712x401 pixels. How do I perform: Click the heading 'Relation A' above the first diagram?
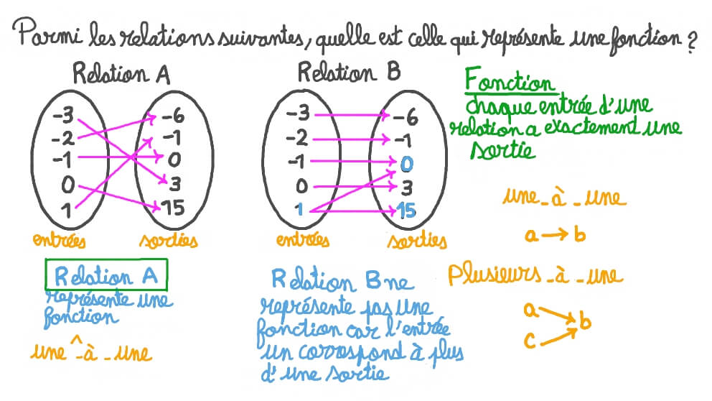(x=121, y=75)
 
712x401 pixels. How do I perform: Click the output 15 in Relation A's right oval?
(x=172, y=209)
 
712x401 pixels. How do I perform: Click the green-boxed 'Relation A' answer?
(x=106, y=276)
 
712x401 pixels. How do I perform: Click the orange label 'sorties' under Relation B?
(x=416, y=242)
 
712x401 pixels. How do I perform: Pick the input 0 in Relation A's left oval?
(x=67, y=185)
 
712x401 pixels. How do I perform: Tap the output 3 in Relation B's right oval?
(x=407, y=188)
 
